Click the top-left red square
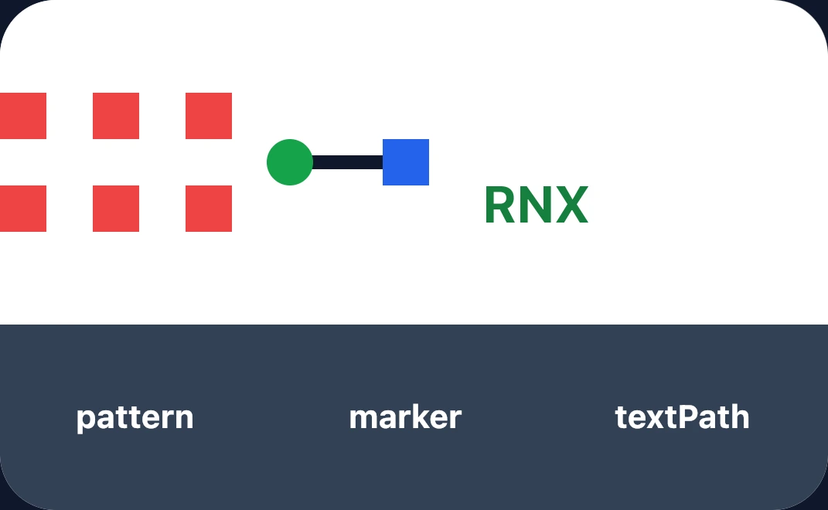(x=23, y=116)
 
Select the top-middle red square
(x=116, y=116)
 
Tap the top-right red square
(x=209, y=116)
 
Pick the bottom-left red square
(x=23, y=209)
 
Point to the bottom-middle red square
(x=116, y=209)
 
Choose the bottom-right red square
(x=209, y=209)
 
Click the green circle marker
(x=290, y=162)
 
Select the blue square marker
(x=406, y=162)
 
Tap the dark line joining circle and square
(x=347, y=162)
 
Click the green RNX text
(x=536, y=205)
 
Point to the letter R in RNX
(x=500, y=205)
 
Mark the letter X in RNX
(x=571, y=205)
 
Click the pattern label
(x=135, y=418)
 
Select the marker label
(x=405, y=417)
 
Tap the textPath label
(x=682, y=417)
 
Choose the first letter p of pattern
(x=86, y=420)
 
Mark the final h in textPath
(x=740, y=417)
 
